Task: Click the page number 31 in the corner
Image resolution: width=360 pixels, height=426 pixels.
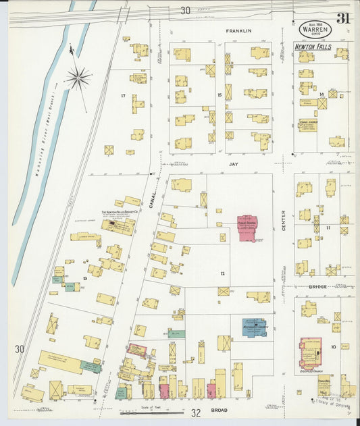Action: pos(342,18)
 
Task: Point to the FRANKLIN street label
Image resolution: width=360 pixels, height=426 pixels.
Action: pos(238,31)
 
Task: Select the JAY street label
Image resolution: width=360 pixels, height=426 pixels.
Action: pos(234,164)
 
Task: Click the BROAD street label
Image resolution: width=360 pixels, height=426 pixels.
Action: pos(219,410)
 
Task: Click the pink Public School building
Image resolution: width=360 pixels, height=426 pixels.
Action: pos(247,228)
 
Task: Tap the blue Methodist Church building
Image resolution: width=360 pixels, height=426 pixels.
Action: pos(253,327)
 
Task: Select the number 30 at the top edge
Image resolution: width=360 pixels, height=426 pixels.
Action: pos(185,10)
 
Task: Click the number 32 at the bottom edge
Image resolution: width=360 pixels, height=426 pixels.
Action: pos(196,412)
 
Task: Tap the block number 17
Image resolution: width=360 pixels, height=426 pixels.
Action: pos(123,96)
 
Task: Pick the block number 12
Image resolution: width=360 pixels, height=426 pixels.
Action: pos(222,273)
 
